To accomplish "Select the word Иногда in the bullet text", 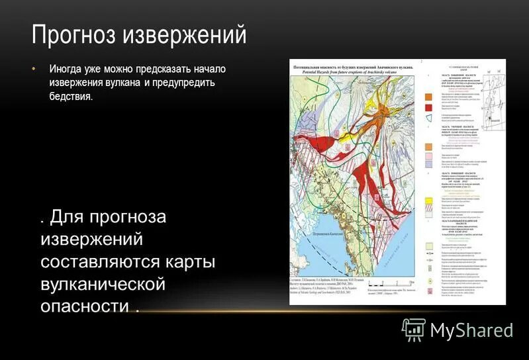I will (x=66, y=69).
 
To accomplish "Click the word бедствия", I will (x=70, y=97).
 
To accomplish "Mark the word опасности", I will (x=84, y=306).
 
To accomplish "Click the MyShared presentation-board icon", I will (x=414, y=329).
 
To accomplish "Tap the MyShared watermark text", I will (x=471, y=330).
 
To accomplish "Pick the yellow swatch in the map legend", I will (x=428, y=199).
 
